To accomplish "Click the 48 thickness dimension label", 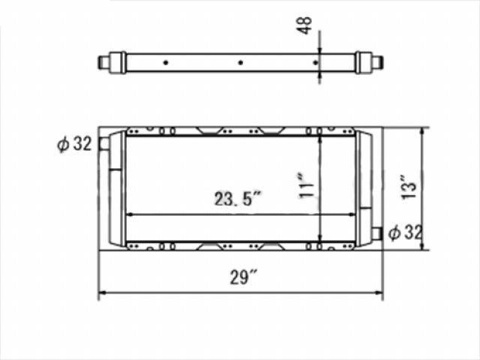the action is (304, 25).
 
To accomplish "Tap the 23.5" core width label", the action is (238, 199).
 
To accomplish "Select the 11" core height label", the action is (307, 186).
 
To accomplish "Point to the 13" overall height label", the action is (409, 187).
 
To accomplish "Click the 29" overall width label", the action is (243, 277).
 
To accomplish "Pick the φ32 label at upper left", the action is (74, 143).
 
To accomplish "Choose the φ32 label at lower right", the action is (405, 232).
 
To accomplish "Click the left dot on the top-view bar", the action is (166, 63).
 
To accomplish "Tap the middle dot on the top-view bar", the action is (241, 63).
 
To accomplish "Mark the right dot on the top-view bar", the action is (315, 63).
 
